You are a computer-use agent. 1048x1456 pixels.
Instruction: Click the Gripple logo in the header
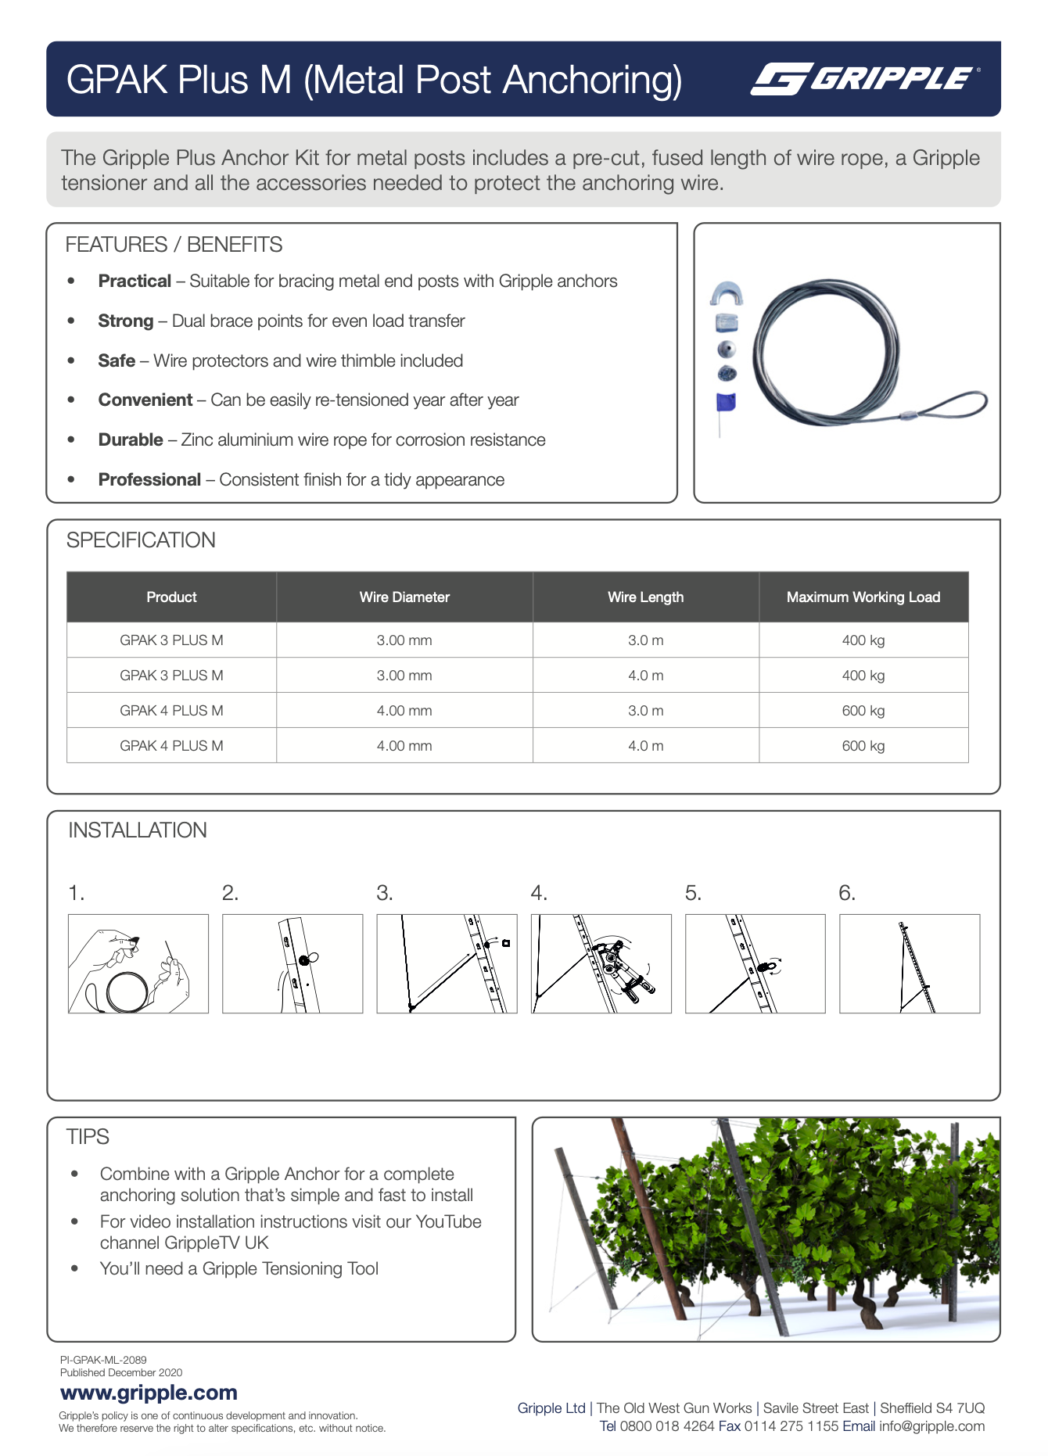864,79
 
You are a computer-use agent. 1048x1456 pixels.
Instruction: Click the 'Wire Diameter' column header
404,597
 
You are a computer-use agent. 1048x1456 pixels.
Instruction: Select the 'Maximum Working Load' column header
863,597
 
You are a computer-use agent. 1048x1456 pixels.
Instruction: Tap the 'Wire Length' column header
645,597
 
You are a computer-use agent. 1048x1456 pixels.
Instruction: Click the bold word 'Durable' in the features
131,440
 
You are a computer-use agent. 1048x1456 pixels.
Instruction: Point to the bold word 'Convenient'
145,400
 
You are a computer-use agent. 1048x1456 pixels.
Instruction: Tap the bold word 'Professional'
149,480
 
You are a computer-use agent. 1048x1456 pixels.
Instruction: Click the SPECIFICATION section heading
141,540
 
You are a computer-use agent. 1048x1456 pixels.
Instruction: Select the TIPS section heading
88,1137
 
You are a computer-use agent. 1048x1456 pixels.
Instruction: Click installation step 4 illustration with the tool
601,963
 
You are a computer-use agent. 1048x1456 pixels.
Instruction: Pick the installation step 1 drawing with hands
138,963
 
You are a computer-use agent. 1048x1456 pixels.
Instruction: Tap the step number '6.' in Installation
847,893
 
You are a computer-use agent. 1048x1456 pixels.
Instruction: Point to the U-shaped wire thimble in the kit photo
727,294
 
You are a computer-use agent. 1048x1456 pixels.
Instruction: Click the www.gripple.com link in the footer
149,1393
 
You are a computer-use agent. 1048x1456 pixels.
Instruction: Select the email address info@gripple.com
931,1426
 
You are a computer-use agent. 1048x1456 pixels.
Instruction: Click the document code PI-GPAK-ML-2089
103,1360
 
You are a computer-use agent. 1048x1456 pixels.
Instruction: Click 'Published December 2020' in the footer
121,1372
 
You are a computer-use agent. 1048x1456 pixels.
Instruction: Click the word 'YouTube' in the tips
448,1221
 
